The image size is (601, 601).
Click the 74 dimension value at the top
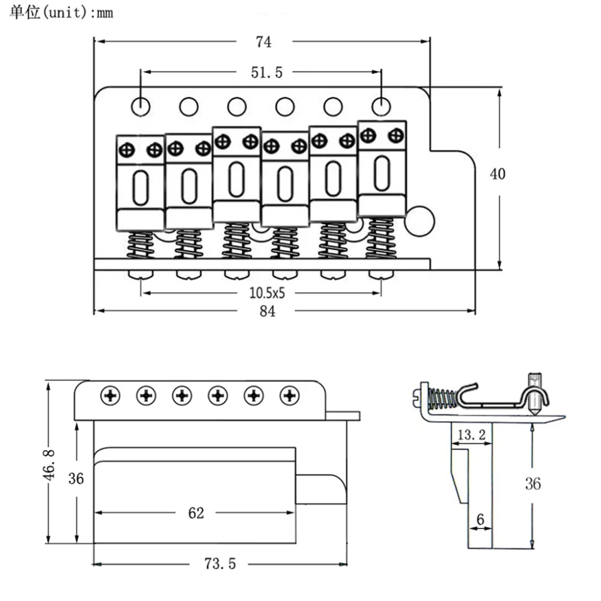point(263,42)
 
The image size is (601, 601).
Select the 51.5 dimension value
point(266,73)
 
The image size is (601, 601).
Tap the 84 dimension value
point(267,311)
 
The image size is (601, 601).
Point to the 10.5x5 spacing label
point(266,293)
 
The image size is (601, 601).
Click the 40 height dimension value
point(498,174)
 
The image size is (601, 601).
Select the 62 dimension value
point(196,513)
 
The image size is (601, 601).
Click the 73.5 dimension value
point(219,564)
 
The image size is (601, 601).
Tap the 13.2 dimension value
point(471,435)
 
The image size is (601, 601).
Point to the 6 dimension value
point(480,518)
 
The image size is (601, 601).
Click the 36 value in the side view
point(532,483)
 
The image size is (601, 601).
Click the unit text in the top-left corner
point(61,13)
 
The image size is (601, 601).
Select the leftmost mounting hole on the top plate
point(141,106)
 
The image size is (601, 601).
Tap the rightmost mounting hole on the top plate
point(381,106)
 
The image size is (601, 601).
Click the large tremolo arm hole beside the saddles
point(419,221)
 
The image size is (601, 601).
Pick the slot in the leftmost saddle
point(141,187)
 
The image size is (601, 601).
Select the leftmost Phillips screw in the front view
point(111,395)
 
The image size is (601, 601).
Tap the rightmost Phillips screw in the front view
point(290,395)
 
